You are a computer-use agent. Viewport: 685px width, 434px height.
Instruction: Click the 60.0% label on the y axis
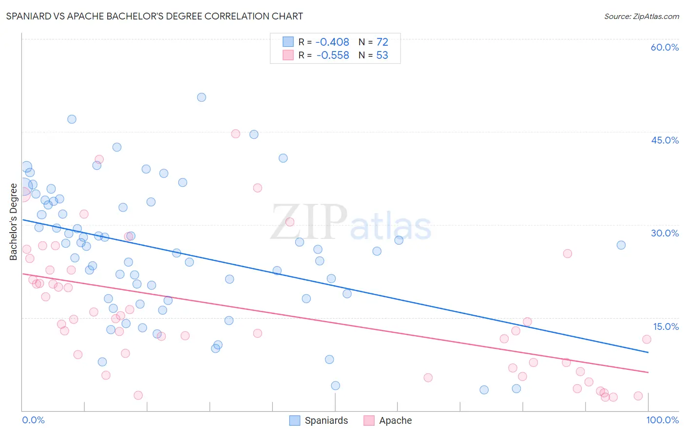point(665,47)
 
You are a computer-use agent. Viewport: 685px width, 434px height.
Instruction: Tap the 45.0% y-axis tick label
point(665,140)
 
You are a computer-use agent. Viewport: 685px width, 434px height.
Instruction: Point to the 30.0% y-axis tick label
point(665,233)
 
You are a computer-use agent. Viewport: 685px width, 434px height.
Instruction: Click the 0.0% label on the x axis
point(33,420)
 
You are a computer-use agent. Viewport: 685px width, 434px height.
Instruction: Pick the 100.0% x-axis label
point(663,420)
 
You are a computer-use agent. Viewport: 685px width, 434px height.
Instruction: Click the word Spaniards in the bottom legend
point(326,421)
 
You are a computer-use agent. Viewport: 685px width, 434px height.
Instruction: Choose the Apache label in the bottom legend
point(395,421)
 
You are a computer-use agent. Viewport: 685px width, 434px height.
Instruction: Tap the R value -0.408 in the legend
point(332,42)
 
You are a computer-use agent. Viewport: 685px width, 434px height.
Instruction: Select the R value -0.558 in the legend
point(332,55)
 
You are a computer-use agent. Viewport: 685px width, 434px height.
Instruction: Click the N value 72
point(382,42)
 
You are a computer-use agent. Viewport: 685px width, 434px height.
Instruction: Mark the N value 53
point(382,55)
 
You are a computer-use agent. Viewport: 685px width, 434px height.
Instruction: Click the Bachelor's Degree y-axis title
point(14,221)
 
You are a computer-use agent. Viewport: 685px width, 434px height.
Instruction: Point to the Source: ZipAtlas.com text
point(641,17)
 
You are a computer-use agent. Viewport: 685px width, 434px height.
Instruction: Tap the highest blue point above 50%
point(201,97)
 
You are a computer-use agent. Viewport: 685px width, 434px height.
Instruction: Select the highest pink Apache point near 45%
point(236,134)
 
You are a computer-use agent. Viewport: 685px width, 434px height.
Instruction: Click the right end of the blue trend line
point(648,352)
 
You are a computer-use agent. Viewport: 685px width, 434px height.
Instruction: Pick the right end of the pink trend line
point(648,372)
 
